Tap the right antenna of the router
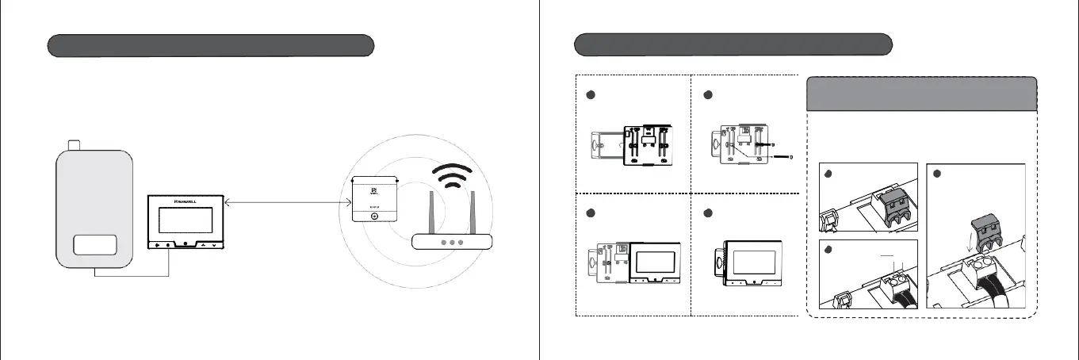pyautogui.click(x=473, y=213)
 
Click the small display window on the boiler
pyautogui.click(x=94, y=244)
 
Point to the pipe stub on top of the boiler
pyautogui.click(x=75, y=144)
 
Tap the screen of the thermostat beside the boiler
pyautogui.click(x=187, y=219)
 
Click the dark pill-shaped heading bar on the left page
pyautogui.click(x=210, y=45)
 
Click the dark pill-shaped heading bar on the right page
pyautogui.click(x=733, y=44)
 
